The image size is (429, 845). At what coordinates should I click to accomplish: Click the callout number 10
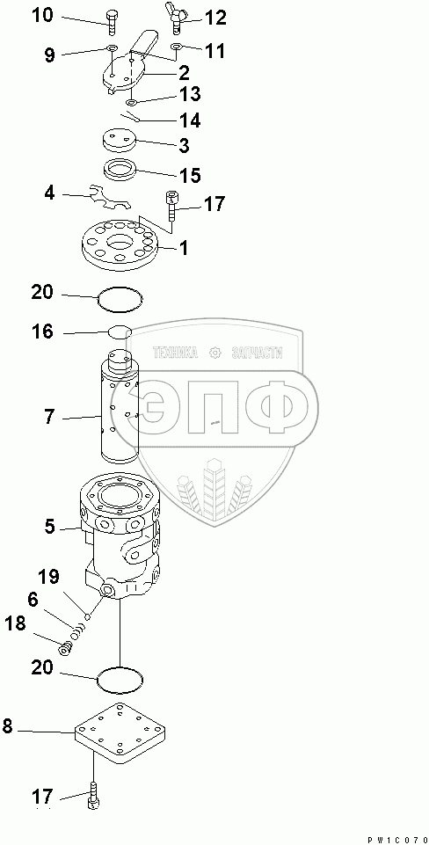(41, 16)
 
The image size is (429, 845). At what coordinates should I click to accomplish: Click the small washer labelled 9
(112, 48)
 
